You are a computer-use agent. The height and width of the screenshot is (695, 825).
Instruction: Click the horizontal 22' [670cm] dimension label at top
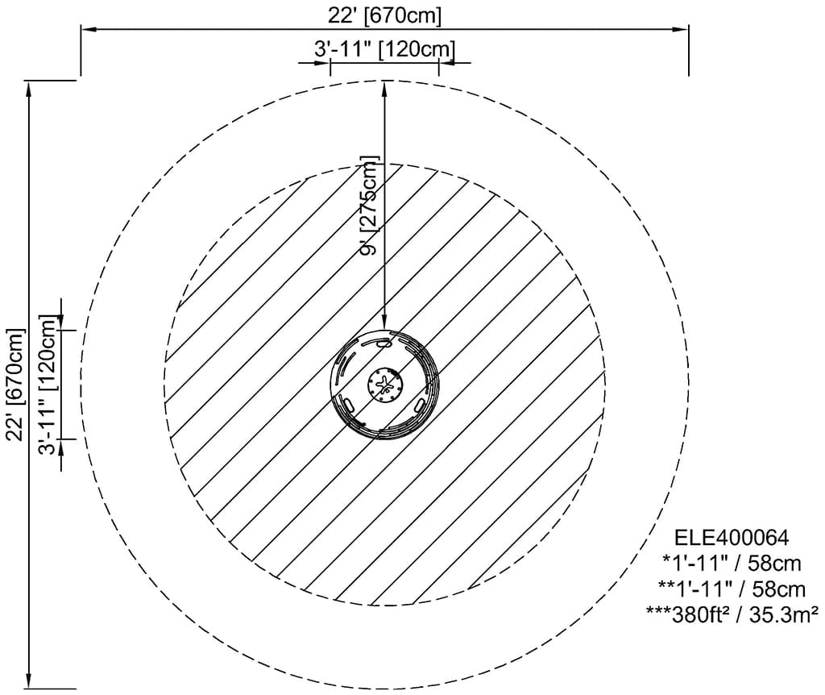384,15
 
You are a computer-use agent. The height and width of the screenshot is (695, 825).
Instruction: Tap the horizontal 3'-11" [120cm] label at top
384,50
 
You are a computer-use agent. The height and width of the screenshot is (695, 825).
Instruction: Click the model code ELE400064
732,537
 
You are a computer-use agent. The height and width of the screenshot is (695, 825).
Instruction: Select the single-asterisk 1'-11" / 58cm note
732,563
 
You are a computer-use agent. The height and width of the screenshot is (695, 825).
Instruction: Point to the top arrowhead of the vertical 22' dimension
31,87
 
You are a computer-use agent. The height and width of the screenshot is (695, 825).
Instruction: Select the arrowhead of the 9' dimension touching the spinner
385,324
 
